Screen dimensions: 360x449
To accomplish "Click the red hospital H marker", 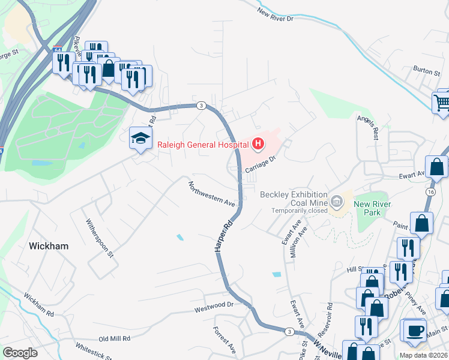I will tap(258, 143).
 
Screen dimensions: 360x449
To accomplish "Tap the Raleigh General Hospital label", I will tap(203, 144).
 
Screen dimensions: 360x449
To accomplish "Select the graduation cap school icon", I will tap(140, 139).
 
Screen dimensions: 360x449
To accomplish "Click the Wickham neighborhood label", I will tap(49, 246).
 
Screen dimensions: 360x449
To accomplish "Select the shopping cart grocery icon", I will tap(442, 102).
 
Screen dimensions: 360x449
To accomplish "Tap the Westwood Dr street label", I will tap(212, 307).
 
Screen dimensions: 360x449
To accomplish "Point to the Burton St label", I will tap(427, 71).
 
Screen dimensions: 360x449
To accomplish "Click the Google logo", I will tap(20, 352).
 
